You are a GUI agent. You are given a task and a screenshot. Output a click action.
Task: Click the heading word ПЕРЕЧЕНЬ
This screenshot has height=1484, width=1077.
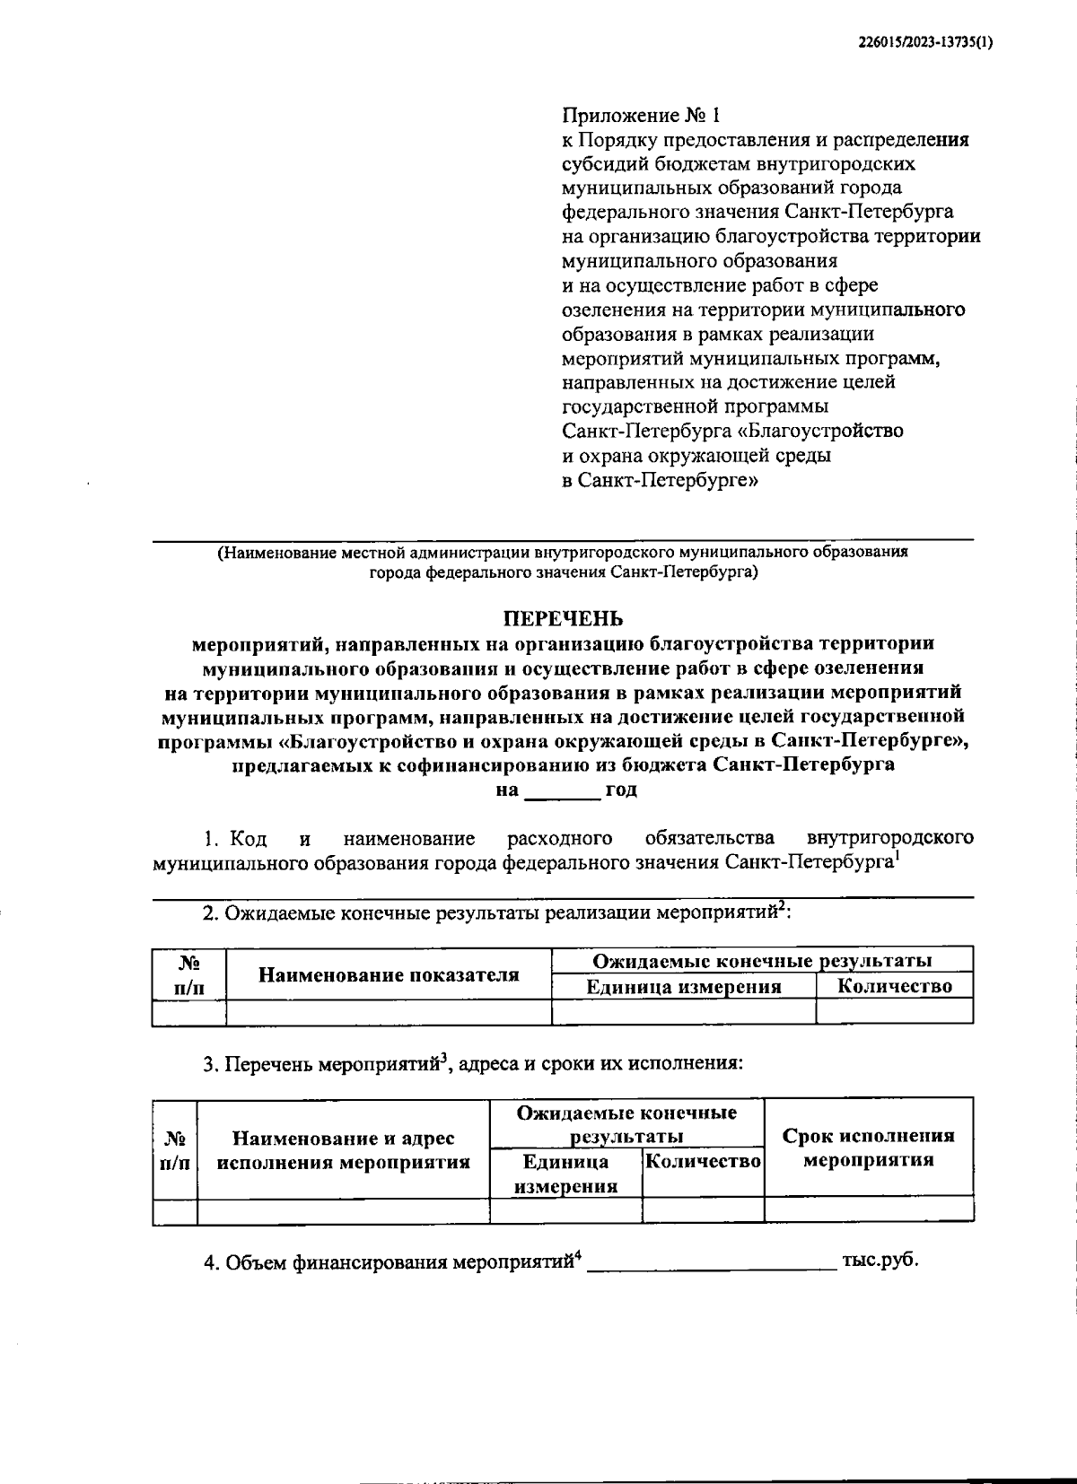[x=562, y=618]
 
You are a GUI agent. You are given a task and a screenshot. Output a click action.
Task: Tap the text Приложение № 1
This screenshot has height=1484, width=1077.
[x=641, y=116]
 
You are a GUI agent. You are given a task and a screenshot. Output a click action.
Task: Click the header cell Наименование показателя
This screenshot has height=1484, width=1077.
[x=389, y=974]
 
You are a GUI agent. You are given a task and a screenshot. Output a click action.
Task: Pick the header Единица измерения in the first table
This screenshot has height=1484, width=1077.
[x=683, y=987]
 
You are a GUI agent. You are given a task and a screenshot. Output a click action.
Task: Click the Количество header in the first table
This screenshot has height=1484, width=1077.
[x=894, y=986]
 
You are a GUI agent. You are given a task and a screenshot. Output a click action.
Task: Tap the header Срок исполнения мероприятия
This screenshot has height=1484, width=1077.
[x=868, y=1148]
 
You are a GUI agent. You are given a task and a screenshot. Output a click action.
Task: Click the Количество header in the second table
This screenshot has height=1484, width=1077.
[x=703, y=1161]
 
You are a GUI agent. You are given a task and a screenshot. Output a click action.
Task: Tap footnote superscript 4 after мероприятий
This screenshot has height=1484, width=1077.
[x=578, y=1255]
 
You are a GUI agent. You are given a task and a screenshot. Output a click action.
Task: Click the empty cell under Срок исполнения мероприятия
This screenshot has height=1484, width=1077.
[x=868, y=1209]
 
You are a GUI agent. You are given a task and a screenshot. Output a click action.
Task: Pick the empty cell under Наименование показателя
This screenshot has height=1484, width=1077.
[x=389, y=1011]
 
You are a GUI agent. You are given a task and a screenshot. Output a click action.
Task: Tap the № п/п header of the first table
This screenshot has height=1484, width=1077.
[x=188, y=974]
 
